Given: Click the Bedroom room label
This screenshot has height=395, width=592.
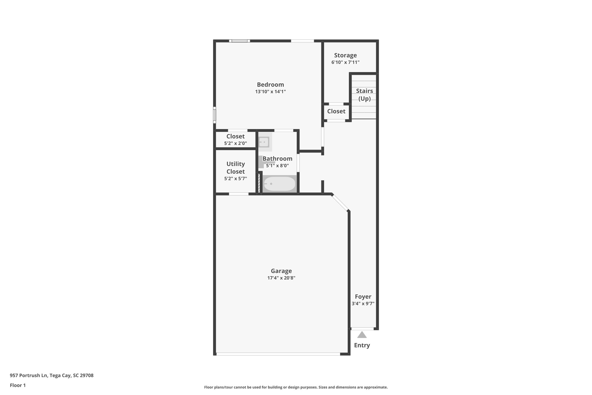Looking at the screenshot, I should pyautogui.click(x=270, y=84).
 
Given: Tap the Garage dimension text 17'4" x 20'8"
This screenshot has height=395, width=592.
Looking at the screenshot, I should pyautogui.click(x=281, y=278).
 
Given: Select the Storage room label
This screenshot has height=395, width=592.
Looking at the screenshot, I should pyautogui.click(x=345, y=55).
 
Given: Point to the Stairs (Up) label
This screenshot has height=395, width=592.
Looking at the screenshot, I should pyautogui.click(x=364, y=95).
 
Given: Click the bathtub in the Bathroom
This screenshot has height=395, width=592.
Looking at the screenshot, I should pyautogui.click(x=280, y=184).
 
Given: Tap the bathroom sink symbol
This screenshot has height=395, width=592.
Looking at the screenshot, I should pyautogui.click(x=264, y=142).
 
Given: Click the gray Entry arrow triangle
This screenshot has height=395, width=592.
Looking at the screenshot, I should pyautogui.click(x=362, y=335).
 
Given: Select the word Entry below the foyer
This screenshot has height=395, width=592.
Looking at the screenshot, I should pyautogui.click(x=362, y=345).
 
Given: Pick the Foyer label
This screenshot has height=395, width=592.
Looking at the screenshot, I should pyautogui.click(x=363, y=297).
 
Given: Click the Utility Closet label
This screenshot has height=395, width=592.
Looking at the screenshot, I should pyautogui.click(x=236, y=168).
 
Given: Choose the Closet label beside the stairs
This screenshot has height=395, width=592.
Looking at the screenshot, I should pyautogui.click(x=336, y=111).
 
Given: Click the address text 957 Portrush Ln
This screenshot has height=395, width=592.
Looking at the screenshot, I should pyautogui.click(x=51, y=376).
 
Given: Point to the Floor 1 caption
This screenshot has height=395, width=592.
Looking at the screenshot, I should pyautogui.click(x=18, y=385).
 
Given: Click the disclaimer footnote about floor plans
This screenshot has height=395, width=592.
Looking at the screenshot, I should pyautogui.click(x=296, y=387).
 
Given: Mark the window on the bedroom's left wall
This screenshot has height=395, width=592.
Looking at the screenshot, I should pyautogui.click(x=214, y=115).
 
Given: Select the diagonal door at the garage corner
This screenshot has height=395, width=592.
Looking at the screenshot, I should pyautogui.click(x=341, y=202).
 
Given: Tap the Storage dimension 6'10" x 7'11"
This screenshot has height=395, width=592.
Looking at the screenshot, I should pyautogui.click(x=345, y=62).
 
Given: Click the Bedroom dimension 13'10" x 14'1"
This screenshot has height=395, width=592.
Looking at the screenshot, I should pyautogui.click(x=270, y=92).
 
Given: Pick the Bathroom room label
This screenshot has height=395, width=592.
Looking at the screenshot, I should pyautogui.click(x=277, y=159).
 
